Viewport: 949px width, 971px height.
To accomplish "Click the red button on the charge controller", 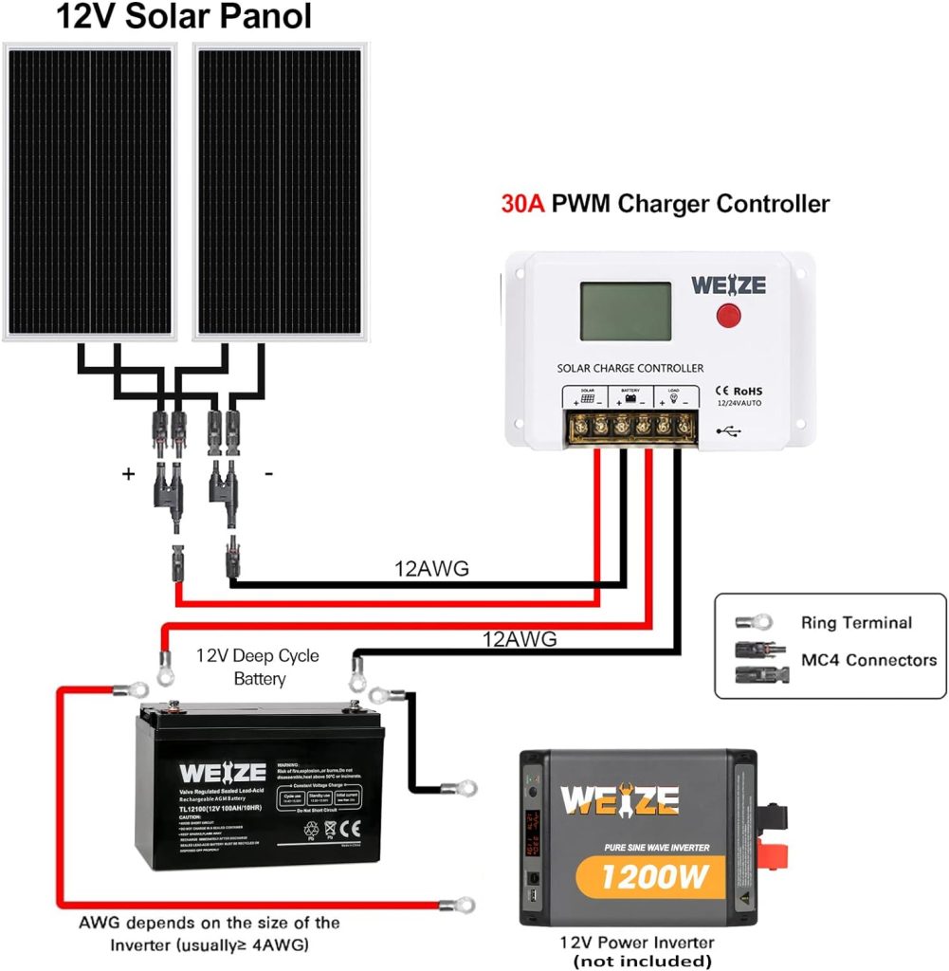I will pos(728,316).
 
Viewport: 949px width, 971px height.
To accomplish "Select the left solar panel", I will pos(91,191).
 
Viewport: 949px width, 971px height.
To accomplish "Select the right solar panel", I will pos(280,191).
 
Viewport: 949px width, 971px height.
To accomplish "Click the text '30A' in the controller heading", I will pos(521,204).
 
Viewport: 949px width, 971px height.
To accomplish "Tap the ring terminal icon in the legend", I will pos(754,623).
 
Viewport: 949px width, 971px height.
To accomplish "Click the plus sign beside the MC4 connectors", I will pos(128,474).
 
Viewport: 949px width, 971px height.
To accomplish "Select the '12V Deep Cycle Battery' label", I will pos(258,667).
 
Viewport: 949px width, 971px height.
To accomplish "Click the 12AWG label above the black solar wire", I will pos(431,569).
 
